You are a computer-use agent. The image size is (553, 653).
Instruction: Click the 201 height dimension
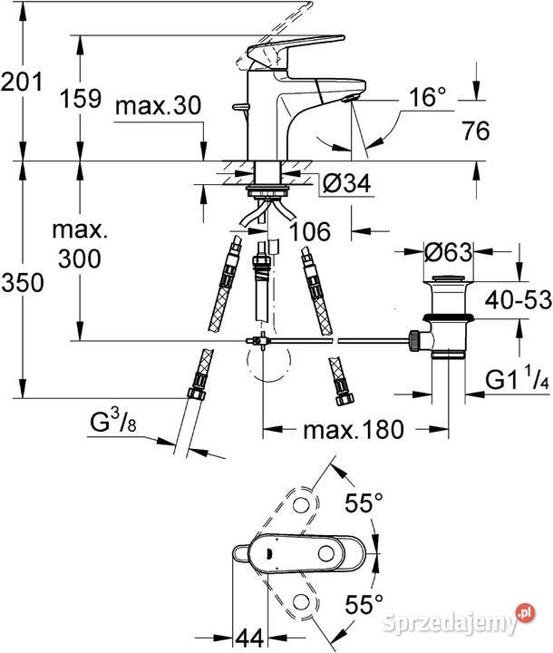(x=22, y=82)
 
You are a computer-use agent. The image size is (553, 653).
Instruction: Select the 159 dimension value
(x=81, y=99)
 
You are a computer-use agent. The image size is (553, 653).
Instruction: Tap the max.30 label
(x=159, y=105)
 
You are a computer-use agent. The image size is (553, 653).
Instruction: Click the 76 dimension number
(x=476, y=131)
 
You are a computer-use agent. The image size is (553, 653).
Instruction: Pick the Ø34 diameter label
(x=346, y=183)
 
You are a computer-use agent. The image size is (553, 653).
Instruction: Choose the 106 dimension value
(x=310, y=231)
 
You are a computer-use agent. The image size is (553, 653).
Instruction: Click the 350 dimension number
(x=23, y=282)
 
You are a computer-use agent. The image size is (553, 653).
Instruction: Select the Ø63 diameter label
(x=449, y=252)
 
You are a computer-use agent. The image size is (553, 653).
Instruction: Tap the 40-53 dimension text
(x=519, y=299)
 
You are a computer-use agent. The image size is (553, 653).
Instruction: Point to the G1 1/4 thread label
(x=517, y=379)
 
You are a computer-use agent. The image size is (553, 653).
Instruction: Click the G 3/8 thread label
(x=113, y=421)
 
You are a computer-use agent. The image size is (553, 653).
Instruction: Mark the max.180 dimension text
(x=354, y=430)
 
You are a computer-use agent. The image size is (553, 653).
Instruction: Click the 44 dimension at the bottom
(x=250, y=638)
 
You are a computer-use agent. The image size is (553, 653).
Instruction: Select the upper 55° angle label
(x=364, y=502)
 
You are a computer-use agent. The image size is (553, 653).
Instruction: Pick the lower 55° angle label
(x=364, y=604)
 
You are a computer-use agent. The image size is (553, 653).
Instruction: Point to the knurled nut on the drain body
(x=414, y=341)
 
